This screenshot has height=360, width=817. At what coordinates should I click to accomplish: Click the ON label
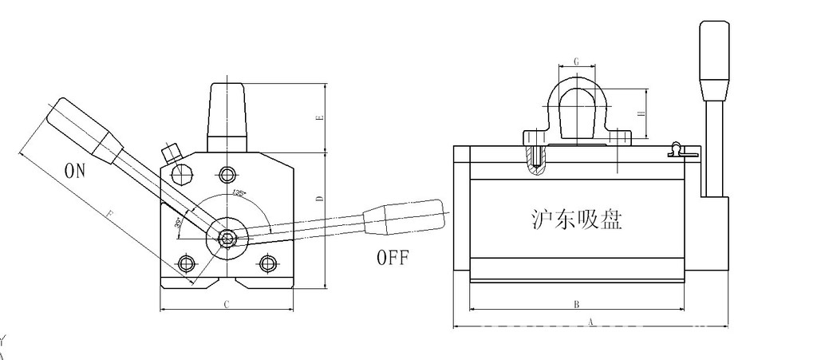coord(74,171)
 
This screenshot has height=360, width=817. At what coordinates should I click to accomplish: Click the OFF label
coord(393,258)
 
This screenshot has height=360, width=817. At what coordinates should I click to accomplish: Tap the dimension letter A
coord(590,322)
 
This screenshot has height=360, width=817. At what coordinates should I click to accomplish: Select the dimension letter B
coord(576,304)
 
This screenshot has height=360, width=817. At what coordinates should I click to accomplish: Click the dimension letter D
coord(319,197)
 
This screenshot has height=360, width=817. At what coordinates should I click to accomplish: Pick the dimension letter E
coord(319,117)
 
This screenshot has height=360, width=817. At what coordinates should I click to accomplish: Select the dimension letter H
coord(641,114)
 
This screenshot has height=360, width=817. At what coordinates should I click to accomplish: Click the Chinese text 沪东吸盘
coord(576,219)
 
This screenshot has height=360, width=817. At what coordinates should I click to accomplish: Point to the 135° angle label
coord(238,194)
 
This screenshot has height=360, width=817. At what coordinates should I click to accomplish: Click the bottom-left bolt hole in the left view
coord(187,263)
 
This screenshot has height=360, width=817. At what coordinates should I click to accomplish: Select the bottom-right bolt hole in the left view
coord(268,263)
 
